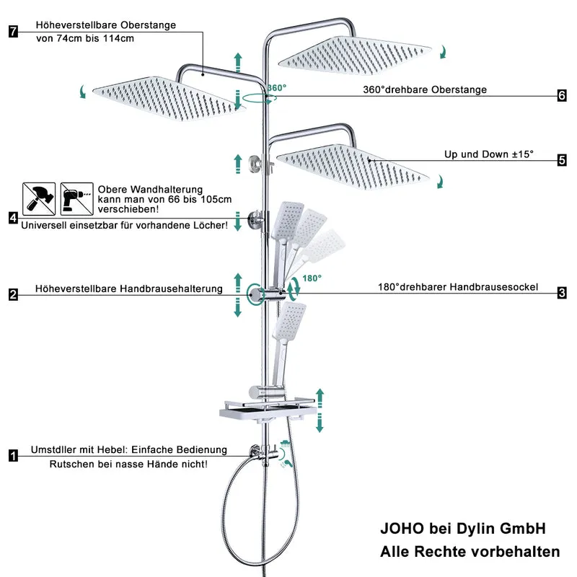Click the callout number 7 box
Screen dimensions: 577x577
pyautogui.click(x=13, y=31)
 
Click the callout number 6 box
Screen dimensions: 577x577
pyautogui.click(x=562, y=96)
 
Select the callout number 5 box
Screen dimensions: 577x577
pyautogui.click(x=562, y=160)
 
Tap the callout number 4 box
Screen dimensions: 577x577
pyautogui.click(x=13, y=218)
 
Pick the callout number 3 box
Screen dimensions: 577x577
pyautogui.click(x=562, y=293)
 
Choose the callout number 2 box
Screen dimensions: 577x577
pyautogui.click(x=13, y=295)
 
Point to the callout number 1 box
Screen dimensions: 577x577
pyautogui.click(x=13, y=456)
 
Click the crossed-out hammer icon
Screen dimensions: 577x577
pyautogui.click(x=39, y=199)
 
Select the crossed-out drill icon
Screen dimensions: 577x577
pyautogui.click(x=77, y=199)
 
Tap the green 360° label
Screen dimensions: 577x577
pyautogui.click(x=277, y=88)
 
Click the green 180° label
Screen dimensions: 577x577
pyautogui.click(x=312, y=278)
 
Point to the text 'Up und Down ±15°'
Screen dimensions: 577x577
pyautogui.click(x=489, y=154)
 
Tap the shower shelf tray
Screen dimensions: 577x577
pyautogui.click(x=268, y=410)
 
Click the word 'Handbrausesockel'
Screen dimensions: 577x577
pyautogui.click(x=493, y=287)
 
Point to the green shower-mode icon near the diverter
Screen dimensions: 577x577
pyautogui.click(x=285, y=444)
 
